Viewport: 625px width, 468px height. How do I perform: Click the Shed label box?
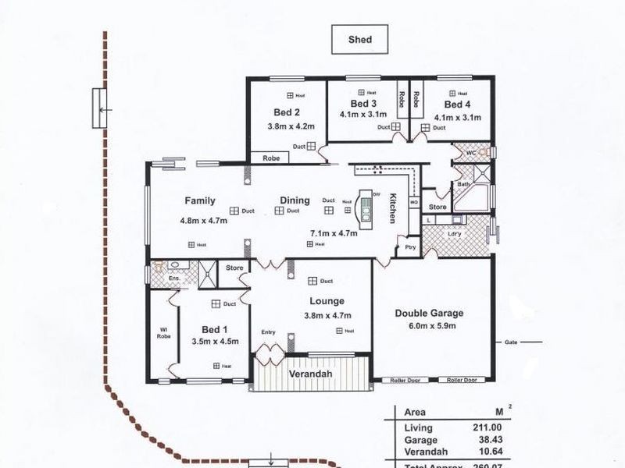pos(360,39)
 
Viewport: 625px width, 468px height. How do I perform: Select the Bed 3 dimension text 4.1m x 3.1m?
pos(363,114)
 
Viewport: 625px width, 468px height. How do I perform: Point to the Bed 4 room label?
pos(457,104)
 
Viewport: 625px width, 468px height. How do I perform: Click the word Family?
pos(199,200)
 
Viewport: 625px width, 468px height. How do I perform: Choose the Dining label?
pos(295,200)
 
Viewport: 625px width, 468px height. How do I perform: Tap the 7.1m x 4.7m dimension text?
pos(334,232)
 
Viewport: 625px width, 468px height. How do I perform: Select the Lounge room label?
pos(327,301)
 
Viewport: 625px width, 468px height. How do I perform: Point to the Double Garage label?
pos(424,313)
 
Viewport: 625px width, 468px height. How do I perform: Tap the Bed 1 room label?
pos(215,328)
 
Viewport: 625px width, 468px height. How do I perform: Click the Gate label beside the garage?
pos(512,342)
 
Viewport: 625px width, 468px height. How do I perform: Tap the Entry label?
pos(269,332)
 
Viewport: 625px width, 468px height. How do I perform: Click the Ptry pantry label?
pos(409,248)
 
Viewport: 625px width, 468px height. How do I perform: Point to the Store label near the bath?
pos(438,207)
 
